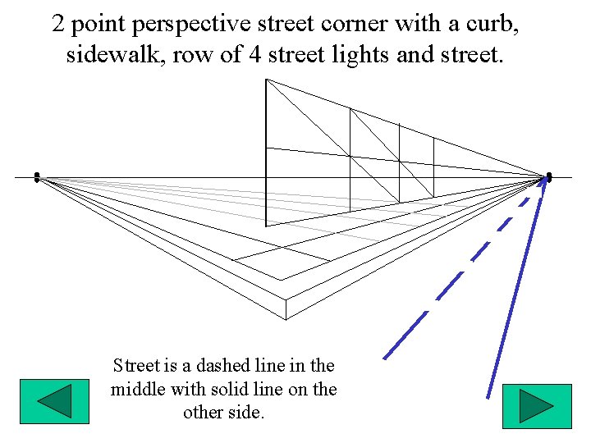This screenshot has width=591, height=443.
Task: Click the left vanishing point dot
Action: [37, 177]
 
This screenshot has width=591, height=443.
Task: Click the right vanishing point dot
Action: [549, 177]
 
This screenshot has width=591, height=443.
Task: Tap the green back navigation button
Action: [54, 403]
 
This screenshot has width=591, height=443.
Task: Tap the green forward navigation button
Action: [537, 405]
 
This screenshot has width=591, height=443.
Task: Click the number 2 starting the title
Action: [58, 24]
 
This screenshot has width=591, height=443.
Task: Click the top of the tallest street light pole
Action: [266, 80]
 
